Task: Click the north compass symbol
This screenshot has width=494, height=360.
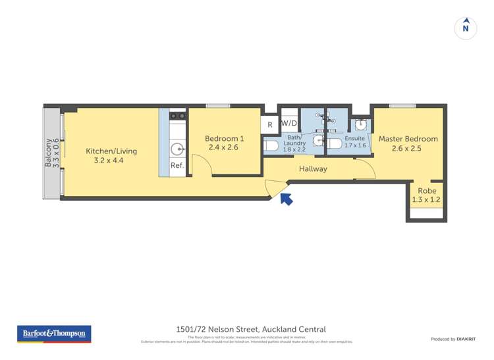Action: pos(466,28)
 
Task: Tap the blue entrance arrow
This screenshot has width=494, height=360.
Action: pos(286,197)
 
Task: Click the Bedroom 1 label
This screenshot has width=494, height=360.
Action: pos(224,143)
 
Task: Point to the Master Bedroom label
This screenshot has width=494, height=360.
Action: pos(408,143)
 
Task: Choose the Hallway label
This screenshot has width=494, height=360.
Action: pos(313,169)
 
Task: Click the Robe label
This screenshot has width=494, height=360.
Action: pos(425,195)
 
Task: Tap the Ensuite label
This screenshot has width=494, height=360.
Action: pos(355,142)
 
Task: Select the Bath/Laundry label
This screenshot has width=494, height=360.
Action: pos(294,143)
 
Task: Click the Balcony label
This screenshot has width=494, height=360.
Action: pos(51,153)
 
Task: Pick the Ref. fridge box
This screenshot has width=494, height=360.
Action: pos(177,166)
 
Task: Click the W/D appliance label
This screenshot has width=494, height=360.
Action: pos(288,123)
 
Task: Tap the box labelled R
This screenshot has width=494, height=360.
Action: pos(269,124)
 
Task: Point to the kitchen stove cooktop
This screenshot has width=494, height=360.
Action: pos(177,116)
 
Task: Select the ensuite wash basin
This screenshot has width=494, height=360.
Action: pos(360,124)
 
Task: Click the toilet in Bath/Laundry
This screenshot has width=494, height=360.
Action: pos(271,145)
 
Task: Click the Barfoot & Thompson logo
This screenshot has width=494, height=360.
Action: pos(54,334)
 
